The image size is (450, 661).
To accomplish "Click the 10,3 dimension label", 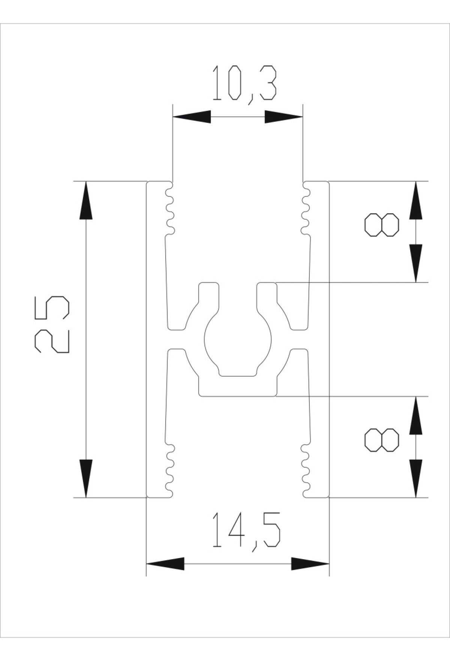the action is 244,85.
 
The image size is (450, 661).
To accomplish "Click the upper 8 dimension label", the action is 382,225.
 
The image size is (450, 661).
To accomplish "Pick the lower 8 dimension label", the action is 382,439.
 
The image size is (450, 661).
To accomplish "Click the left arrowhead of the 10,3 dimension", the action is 192,117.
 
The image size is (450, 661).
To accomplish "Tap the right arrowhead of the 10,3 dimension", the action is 283,117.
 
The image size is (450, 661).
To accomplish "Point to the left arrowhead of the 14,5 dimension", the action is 165,563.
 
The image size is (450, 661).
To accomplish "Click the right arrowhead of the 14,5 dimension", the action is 310,563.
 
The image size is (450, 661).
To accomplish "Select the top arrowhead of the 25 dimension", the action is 86,200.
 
